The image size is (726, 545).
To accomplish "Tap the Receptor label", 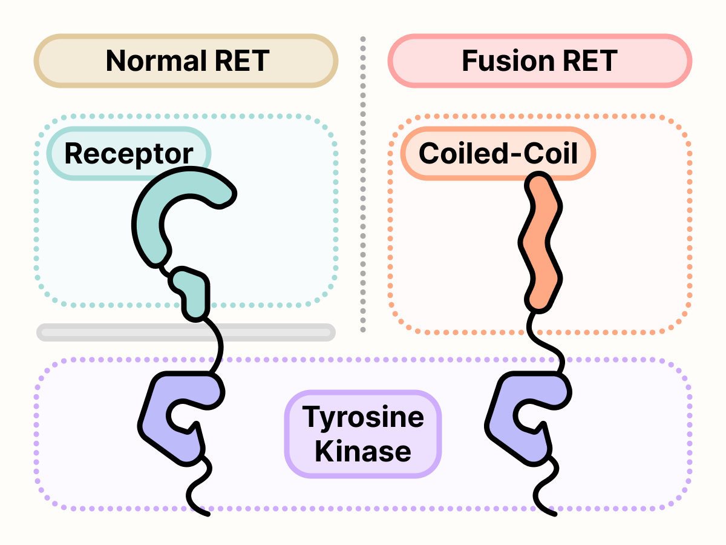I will click(x=128, y=154).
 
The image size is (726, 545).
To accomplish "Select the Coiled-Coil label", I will click(x=498, y=154).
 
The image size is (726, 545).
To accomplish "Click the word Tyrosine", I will click(x=363, y=417).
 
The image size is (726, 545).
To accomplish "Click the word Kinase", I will click(x=363, y=452).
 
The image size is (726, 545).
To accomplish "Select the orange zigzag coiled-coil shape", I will click(x=540, y=242).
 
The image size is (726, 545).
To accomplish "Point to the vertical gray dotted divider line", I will click(x=363, y=182).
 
